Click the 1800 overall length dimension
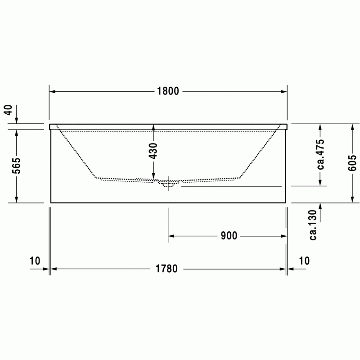click(168, 91)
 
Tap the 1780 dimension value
click(166, 269)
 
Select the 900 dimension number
click(229, 236)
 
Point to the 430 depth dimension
click(153, 151)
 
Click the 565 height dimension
click(16, 166)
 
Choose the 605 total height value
click(352, 163)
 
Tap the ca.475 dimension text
click(320, 154)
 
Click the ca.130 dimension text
click(313, 225)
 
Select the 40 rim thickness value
click(9, 110)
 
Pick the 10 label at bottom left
click(35, 261)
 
